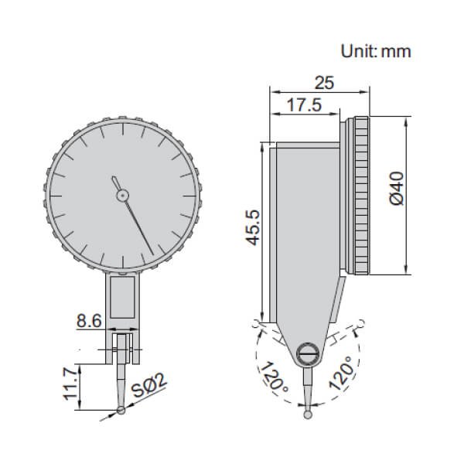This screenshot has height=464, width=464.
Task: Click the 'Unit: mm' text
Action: tap(376, 52)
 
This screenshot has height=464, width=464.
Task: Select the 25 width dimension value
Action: tap(324, 82)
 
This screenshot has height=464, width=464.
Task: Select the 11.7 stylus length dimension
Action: tap(70, 384)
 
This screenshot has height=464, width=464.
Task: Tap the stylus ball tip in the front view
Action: tap(122, 410)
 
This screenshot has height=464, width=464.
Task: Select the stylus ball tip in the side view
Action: tap(309, 414)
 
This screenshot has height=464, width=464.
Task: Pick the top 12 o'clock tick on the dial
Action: tap(122, 125)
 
